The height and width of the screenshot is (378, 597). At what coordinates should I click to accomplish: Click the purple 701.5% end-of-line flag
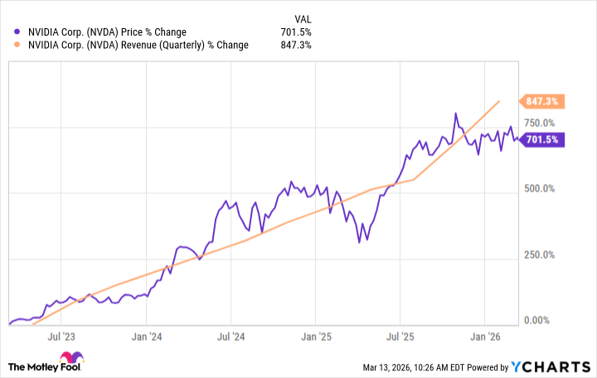(x=542, y=140)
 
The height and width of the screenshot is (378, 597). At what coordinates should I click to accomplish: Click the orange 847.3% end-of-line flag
(x=542, y=102)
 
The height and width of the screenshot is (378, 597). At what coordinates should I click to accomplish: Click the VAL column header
(x=303, y=18)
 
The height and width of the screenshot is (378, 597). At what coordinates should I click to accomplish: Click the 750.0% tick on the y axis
(x=541, y=123)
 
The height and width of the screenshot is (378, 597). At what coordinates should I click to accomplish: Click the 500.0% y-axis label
(x=541, y=188)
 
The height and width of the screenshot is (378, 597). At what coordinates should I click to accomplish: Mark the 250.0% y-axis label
(x=541, y=254)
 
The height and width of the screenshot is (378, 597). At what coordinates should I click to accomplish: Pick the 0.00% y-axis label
(x=541, y=320)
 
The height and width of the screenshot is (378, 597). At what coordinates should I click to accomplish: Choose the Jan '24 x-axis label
(x=146, y=337)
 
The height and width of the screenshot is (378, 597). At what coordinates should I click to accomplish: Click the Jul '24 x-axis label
(x=231, y=337)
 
